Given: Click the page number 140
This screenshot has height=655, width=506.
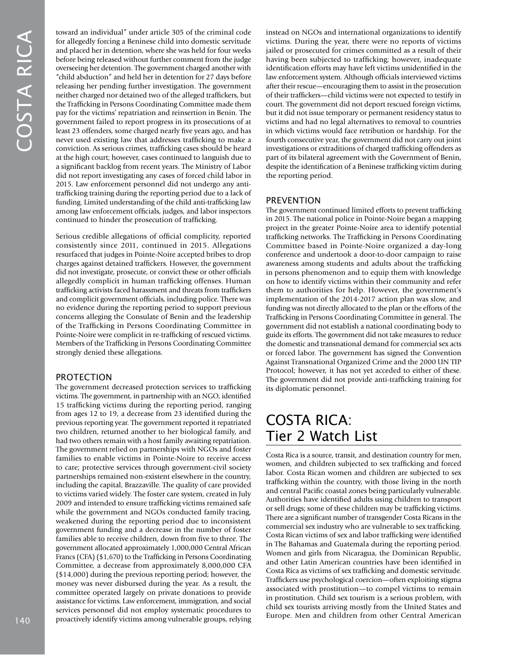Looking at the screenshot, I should click(x=22, y=620).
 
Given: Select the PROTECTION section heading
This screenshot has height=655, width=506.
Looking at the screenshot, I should click(x=84, y=377).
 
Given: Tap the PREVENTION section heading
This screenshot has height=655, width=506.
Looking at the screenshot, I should click(x=293, y=200).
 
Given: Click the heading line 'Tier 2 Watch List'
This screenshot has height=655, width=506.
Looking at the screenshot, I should click(x=321, y=436).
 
